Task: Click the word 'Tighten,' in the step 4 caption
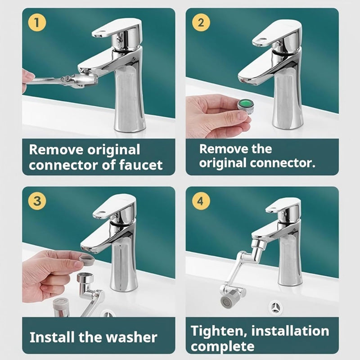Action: coord(219,331)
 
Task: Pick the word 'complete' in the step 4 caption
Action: coord(222,346)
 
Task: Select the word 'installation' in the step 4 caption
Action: coord(290,331)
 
